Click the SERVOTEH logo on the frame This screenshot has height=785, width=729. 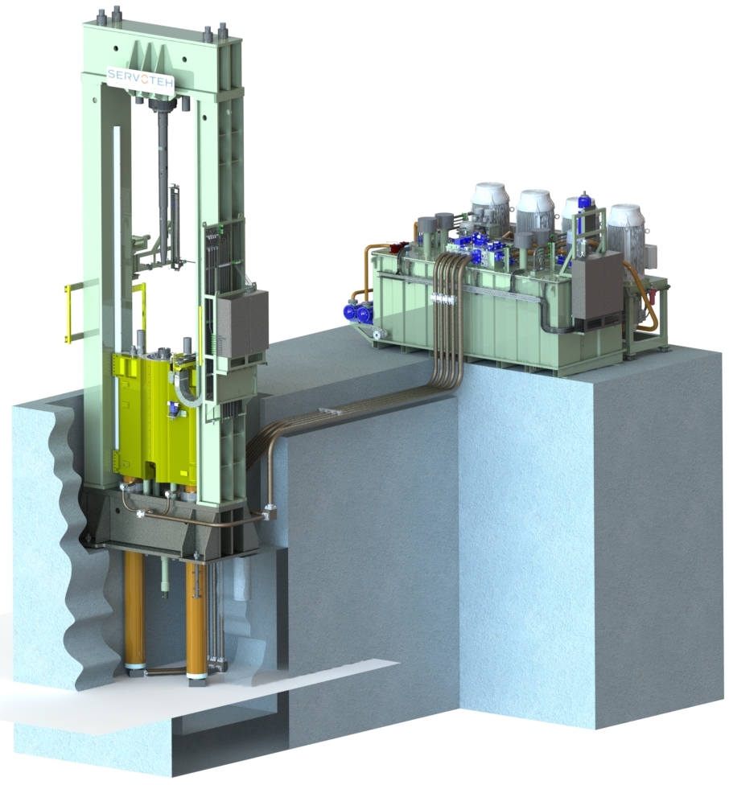coord(141,75)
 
